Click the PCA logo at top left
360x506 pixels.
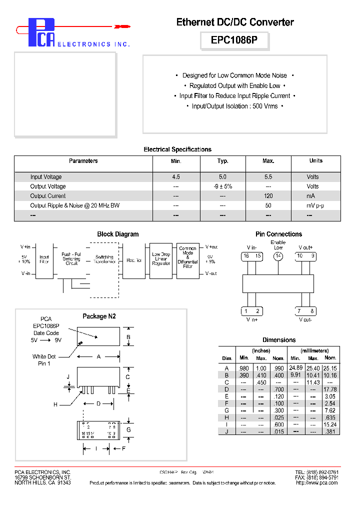click(41, 33)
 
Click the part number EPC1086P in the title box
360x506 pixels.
click(234, 40)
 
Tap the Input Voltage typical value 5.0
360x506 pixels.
click(222, 177)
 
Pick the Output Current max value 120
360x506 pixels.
click(268, 196)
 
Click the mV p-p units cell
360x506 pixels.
click(315, 205)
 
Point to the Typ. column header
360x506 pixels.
click(222, 161)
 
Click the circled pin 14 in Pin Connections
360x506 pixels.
click(278, 256)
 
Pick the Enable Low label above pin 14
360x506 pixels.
click(278, 245)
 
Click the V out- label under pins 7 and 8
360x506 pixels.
click(305, 319)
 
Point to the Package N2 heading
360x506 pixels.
click(99, 316)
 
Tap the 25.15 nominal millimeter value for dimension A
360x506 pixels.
click(330, 368)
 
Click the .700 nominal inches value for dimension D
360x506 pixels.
click(278, 389)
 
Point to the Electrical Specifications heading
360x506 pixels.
click(177, 149)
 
